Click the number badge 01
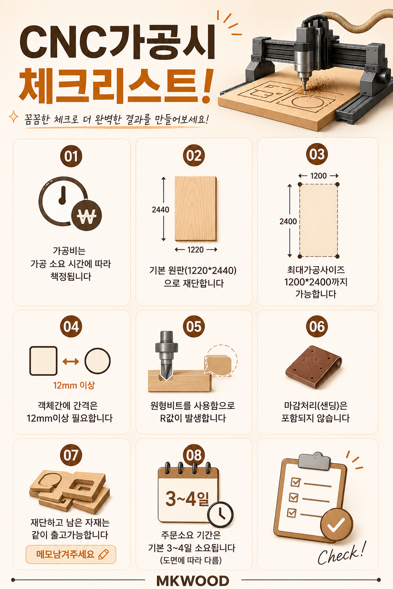[x=71, y=156]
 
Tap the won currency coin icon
[x=86, y=216]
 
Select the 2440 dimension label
[x=160, y=210]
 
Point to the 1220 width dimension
[x=196, y=250]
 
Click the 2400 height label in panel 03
[x=288, y=221]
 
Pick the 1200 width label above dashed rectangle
[x=319, y=176]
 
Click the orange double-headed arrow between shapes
[x=71, y=362]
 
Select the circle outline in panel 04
[x=97, y=361]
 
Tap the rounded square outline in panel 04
[x=43, y=361]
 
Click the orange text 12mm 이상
[x=74, y=385]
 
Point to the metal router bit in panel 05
[x=165, y=355]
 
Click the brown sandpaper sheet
[x=314, y=367]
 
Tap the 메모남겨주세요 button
[x=71, y=554]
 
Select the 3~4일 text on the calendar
[x=187, y=499]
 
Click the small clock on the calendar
[x=220, y=515]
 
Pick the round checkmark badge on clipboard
[x=337, y=525]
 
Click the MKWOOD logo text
[x=193, y=581]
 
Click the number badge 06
[x=317, y=326]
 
